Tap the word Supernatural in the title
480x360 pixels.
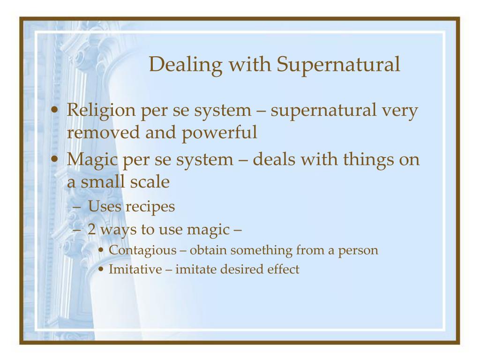pyautogui.click(x=338, y=65)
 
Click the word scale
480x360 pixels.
pyautogui.click(x=150, y=181)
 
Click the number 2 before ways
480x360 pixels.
pyautogui.click(x=91, y=230)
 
